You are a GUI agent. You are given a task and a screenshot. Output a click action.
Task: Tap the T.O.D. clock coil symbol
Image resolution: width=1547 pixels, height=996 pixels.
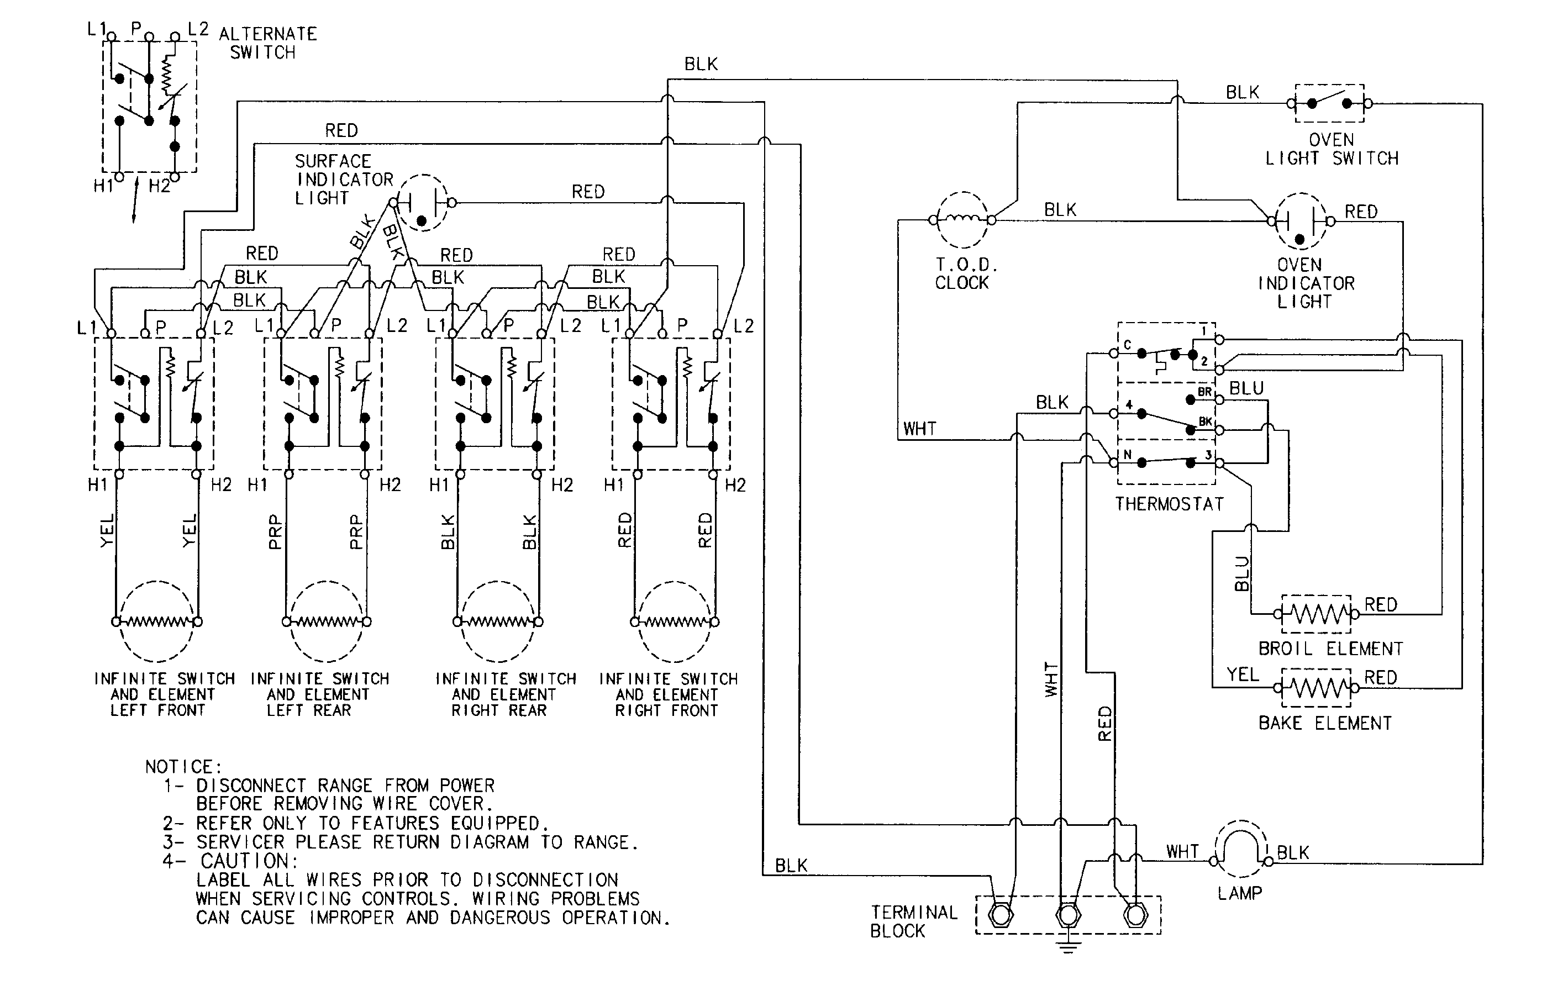click(x=962, y=220)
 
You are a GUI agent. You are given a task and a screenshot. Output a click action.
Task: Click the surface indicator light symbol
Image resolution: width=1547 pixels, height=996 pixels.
click(x=422, y=202)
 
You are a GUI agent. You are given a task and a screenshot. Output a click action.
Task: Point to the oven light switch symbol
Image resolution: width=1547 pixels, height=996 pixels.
click(x=1329, y=103)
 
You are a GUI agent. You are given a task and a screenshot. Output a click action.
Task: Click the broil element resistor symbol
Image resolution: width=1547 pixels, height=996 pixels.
click(x=1316, y=614)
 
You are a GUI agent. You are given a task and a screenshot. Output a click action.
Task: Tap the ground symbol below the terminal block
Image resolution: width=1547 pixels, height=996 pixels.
click(x=1068, y=947)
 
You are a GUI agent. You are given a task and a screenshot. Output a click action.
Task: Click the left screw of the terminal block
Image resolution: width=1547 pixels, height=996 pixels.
click(x=1001, y=915)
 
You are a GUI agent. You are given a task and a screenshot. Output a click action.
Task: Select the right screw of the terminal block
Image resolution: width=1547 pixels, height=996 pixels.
click(x=1134, y=915)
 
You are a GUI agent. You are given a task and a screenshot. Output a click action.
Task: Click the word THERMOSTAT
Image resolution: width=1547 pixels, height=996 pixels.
click(x=1169, y=504)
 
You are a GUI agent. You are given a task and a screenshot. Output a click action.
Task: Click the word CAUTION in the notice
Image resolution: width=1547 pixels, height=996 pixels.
click(x=249, y=861)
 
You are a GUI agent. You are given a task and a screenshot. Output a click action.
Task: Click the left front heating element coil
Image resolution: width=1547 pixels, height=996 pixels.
click(x=156, y=622)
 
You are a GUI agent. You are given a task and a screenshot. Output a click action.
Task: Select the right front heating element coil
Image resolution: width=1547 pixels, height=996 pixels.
click(x=673, y=622)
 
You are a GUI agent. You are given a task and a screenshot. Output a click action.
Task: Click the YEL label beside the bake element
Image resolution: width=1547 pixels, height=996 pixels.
click(x=1243, y=675)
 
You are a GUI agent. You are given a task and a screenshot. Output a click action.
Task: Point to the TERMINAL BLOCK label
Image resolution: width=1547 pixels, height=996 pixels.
click(x=913, y=921)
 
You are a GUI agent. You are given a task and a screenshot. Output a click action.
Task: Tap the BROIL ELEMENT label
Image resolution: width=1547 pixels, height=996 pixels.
click(x=1330, y=649)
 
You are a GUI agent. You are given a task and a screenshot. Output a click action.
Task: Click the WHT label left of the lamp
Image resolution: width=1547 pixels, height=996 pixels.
click(x=1182, y=852)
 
